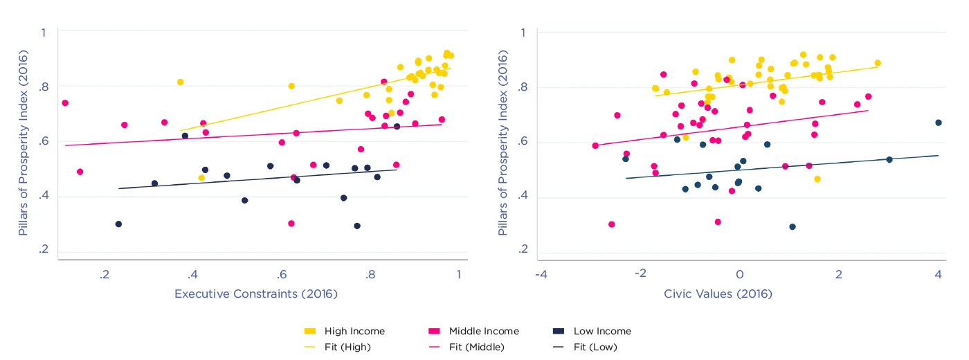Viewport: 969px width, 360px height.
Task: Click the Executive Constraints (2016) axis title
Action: pyautogui.click(x=255, y=294)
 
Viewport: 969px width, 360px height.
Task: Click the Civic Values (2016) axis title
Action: pyautogui.click(x=718, y=294)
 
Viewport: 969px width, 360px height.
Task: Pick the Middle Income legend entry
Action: pyautogui.click(x=483, y=331)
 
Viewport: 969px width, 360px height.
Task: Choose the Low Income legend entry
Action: pyautogui.click(x=602, y=331)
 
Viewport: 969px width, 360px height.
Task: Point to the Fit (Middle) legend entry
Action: pyautogui.click(x=476, y=347)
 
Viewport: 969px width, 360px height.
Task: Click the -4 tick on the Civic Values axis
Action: pyautogui.click(x=541, y=275)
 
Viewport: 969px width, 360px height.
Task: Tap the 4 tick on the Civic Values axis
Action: pyautogui.click(x=939, y=275)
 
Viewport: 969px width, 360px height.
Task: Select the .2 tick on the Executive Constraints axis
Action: pyautogui.click(x=105, y=275)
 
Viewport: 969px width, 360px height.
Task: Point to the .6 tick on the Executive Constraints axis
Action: pyautogui.click(x=282, y=275)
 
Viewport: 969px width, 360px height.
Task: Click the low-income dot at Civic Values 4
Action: pyautogui.click(x=939, y=123)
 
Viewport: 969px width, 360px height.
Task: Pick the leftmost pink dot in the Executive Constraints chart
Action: pyautogui.click(x=65, y=103)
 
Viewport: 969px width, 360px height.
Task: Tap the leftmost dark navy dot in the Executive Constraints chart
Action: pyautogui.click(x=118, y=224)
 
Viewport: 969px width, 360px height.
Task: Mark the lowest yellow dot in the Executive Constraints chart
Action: pyautogui.click(x=201, y=178)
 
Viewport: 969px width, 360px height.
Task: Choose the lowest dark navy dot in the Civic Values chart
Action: pyautogui.click(x=793, y=227)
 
